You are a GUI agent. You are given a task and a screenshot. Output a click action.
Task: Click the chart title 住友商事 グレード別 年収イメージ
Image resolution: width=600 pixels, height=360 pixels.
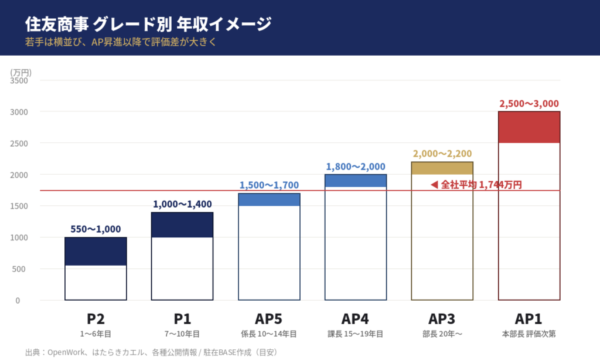click(x=148, y=24)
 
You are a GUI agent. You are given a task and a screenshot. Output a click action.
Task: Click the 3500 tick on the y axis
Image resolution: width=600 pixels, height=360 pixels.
click(x=20, y=80)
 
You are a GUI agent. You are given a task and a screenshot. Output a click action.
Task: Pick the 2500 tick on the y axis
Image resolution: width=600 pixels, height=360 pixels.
click(x=20, y=143)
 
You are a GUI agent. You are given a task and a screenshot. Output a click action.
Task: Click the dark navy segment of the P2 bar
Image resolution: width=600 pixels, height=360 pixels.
click(x=96, y=252)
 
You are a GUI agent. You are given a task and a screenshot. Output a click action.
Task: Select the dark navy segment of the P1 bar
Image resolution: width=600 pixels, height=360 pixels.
click(x=182, y=225)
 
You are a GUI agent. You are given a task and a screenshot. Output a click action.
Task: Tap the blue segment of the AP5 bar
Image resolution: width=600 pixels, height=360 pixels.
click(x=269, y=200)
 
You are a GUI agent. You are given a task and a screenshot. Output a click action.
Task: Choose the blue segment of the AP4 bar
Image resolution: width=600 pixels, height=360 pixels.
click(x=356, y=181)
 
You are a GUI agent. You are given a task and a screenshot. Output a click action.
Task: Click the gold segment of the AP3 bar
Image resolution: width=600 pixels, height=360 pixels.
click(x=442, y=168)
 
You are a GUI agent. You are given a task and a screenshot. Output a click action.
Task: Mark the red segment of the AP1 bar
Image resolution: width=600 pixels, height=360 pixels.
click(x=529, y=127)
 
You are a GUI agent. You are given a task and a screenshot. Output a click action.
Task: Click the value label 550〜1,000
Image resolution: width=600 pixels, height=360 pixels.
click(x=96, y=229)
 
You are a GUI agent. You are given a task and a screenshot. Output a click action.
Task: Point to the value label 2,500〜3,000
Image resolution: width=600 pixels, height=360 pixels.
click(x=529, y=103)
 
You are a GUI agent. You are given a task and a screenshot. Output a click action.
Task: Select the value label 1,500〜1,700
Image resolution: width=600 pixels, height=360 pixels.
click(x=269, y=185)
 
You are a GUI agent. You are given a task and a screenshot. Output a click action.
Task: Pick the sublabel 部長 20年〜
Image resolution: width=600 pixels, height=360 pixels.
click(x=442, y=334)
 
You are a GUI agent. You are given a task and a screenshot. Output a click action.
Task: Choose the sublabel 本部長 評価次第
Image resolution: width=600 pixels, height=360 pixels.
click(x=529, y=334)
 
